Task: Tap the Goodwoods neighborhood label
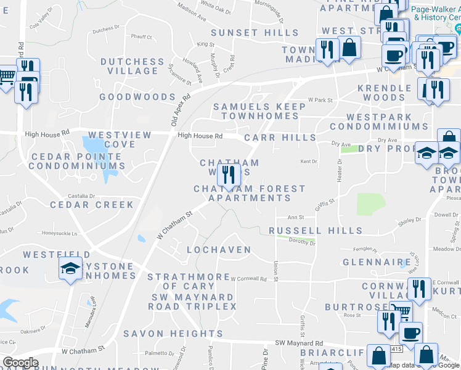pos(137,97)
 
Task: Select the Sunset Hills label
pos(255,33)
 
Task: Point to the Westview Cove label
pos(112,139)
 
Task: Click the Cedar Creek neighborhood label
pos(92,205)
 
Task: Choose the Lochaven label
pos(219,250)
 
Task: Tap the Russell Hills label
pos(316,231)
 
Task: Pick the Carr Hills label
pos(280,138)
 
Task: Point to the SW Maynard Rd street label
pos(299,343)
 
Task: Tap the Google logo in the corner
pos(20,363)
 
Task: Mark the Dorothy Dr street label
pos(302,243)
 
